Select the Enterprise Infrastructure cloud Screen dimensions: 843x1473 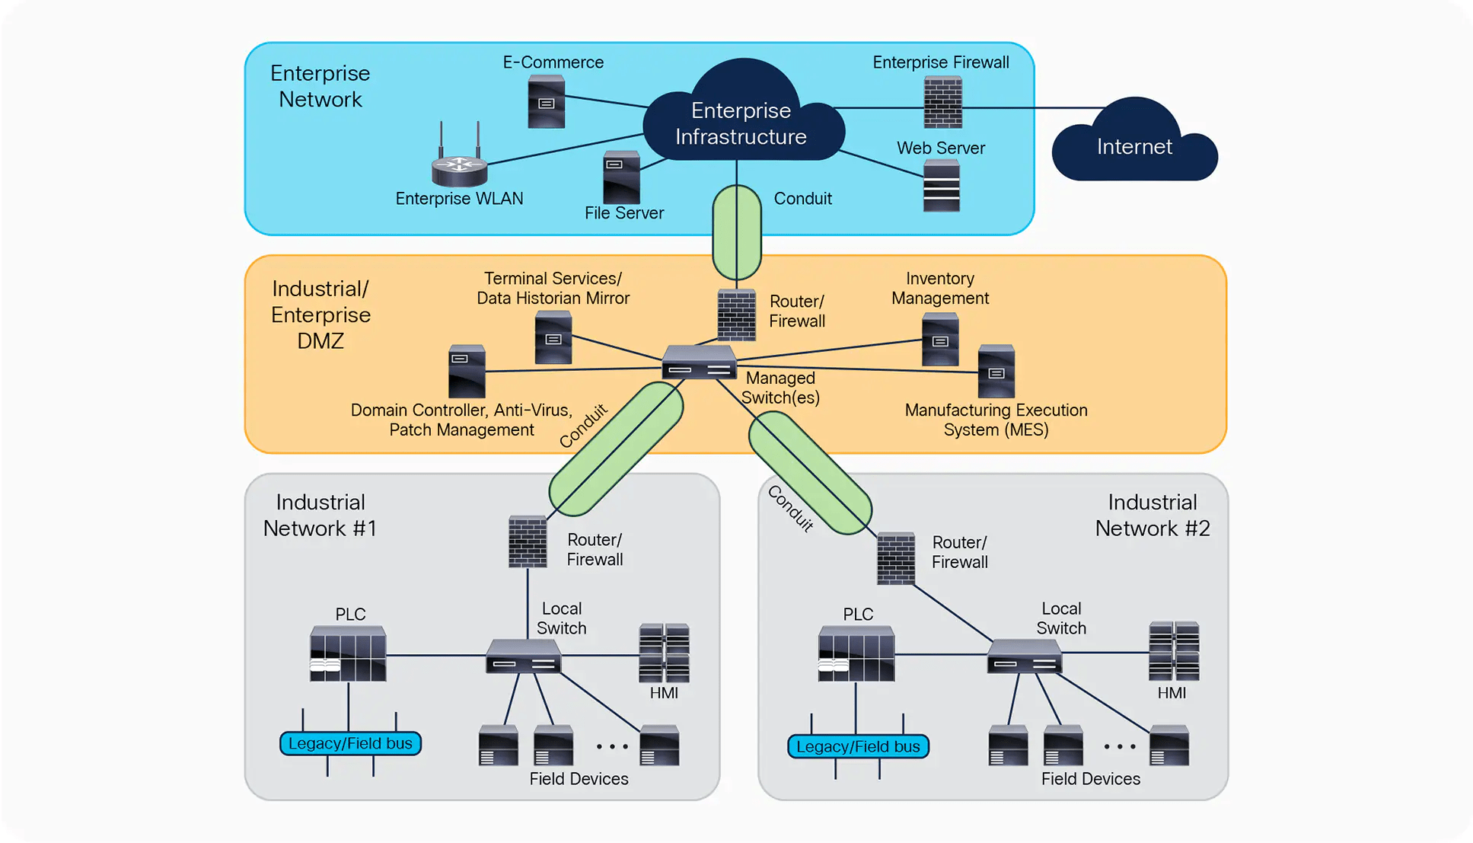741,122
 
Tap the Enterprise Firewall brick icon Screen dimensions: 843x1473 942,103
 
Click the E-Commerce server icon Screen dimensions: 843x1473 547,101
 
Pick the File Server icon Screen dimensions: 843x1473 621,177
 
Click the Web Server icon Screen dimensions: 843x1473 941,186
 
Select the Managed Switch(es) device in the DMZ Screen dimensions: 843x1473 699,362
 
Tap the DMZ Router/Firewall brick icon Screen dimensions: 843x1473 736,315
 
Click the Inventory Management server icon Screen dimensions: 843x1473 940,340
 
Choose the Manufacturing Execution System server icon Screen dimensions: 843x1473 996,371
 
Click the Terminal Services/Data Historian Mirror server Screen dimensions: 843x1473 553,337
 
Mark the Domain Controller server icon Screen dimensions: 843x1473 467,371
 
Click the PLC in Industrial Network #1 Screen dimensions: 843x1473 348,653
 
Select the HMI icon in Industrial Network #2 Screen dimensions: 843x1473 1174,651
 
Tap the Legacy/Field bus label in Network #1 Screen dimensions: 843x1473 350,743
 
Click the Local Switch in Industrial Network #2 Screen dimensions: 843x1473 1024,656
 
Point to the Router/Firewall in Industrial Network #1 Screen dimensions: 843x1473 528,541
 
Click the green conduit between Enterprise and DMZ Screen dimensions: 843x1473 737,232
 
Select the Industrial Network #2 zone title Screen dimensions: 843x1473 1152,516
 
